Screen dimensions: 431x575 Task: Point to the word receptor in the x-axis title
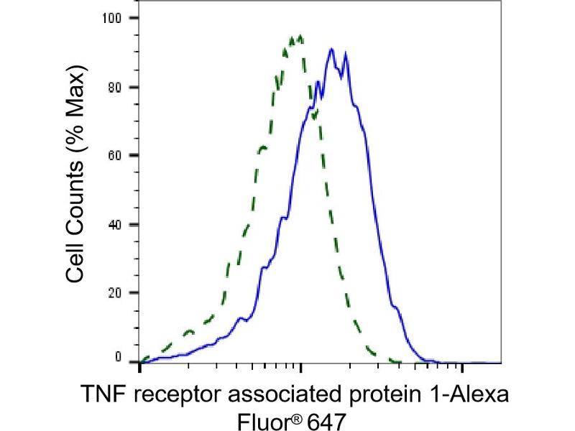tap(170, 395)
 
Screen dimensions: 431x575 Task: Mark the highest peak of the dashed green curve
tap(299, 36)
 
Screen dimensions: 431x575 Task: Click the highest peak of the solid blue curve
tap(331, 50)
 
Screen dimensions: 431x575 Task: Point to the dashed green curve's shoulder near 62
tap(263, 147)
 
